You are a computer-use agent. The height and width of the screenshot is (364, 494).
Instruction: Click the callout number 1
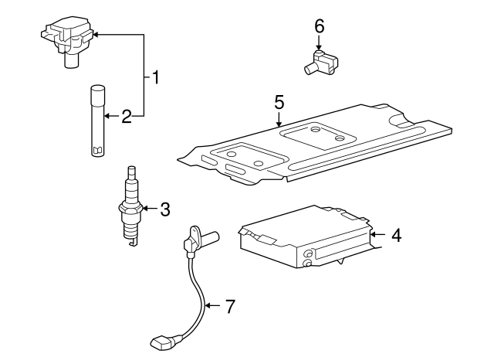(x=157, y=77)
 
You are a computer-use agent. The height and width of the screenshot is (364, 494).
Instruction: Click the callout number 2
(x=127, y=117)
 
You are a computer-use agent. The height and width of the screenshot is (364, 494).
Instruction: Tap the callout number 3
(x=164, y=209)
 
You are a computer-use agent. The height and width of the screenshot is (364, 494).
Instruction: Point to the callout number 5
(x=279, y=101)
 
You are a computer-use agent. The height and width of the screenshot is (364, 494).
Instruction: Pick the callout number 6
(x=319, y=26)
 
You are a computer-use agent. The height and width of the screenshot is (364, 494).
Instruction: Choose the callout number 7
(x=229, y=306)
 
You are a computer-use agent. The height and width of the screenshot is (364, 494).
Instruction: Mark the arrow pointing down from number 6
(x=319, y=45)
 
